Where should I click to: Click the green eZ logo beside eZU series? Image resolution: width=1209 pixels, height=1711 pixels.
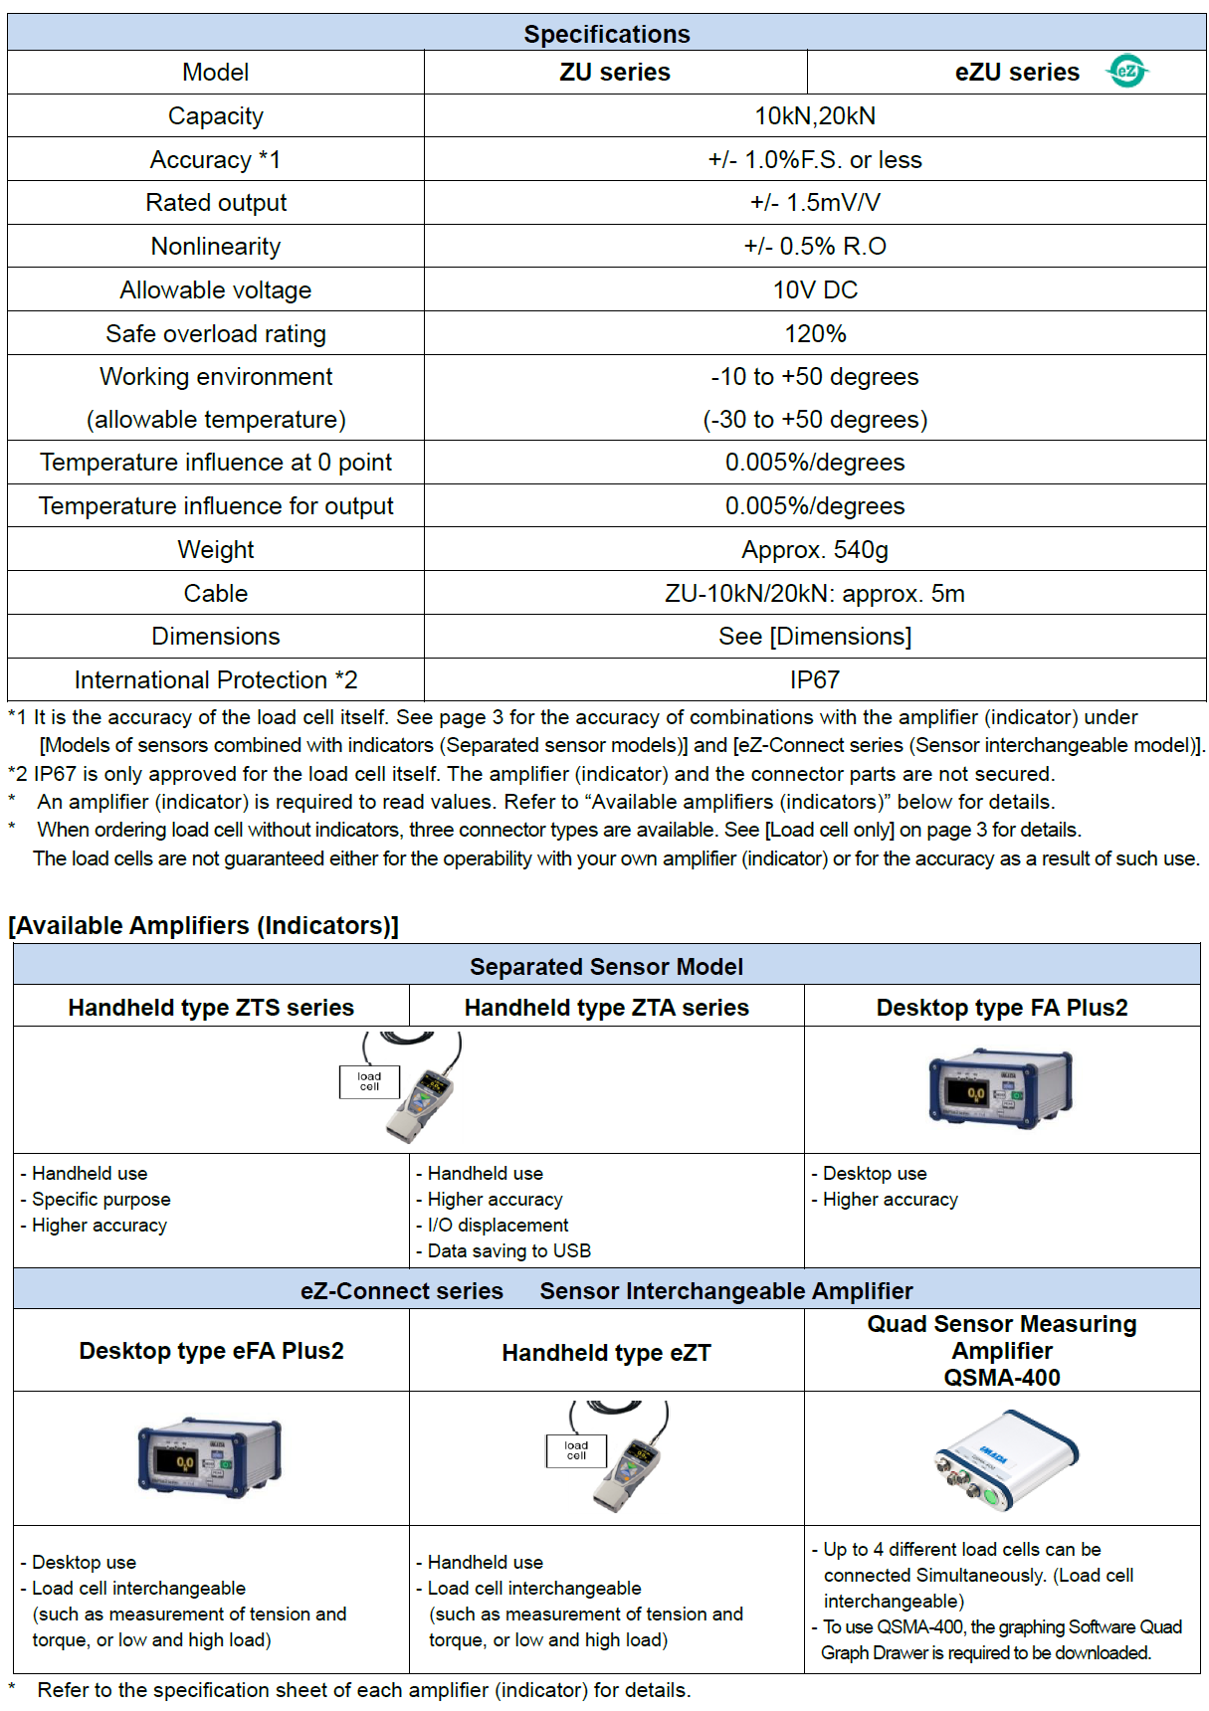point(1127,72)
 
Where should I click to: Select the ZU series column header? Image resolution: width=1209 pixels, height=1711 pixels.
point(615,73)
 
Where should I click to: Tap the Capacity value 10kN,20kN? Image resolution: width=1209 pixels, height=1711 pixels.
point(815,116)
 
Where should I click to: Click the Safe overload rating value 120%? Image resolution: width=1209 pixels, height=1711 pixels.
point(815,334)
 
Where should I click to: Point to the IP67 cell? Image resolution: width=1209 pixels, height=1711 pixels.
point(815,680)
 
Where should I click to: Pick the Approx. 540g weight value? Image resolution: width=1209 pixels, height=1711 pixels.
point(815,550)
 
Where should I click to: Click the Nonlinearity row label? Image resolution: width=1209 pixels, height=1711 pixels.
point(216,247)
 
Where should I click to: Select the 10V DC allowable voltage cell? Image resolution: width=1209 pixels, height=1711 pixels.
point(815,290)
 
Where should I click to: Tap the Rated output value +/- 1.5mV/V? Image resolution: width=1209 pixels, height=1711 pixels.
point(815,203)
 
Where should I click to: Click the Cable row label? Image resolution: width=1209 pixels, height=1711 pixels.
point(216,594)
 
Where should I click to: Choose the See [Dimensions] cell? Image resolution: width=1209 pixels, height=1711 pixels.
point(815,637)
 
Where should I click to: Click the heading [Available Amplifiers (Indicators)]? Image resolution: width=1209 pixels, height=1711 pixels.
point(204,926)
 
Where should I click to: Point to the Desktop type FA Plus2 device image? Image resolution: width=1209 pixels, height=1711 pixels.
point(1001,1088)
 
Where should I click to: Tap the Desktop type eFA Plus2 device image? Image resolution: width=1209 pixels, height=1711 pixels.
point(210,1457)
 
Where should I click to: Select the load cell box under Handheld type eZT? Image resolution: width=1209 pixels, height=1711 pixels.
point(576,1451)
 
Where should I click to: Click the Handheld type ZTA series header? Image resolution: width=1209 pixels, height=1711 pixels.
point(606,1008)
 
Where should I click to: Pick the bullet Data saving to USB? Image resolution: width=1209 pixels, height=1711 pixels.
point(508,1251)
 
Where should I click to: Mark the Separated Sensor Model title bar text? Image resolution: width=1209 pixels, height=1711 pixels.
point(606,967)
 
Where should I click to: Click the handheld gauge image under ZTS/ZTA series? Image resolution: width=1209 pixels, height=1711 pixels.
point(423,1094)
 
